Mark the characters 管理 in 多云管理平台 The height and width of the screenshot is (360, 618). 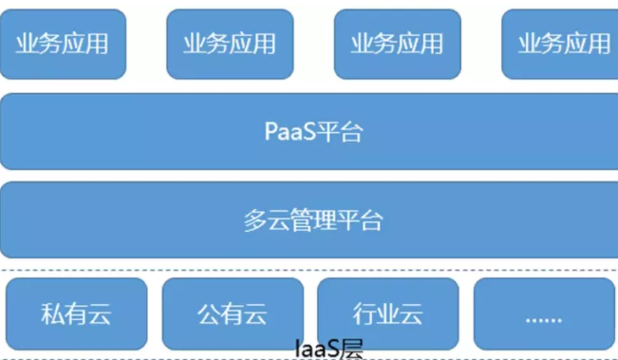[312, 221]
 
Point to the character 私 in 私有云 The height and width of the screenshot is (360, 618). [52, 312]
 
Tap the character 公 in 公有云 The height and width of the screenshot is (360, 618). [209, 312]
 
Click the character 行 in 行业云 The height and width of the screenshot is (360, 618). [364, 312]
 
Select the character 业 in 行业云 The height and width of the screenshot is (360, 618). [387, 312]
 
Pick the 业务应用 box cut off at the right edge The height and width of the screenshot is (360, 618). [561, 44]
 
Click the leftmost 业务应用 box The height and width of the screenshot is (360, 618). [63, 44]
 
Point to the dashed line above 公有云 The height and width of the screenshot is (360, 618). [233, 271]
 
